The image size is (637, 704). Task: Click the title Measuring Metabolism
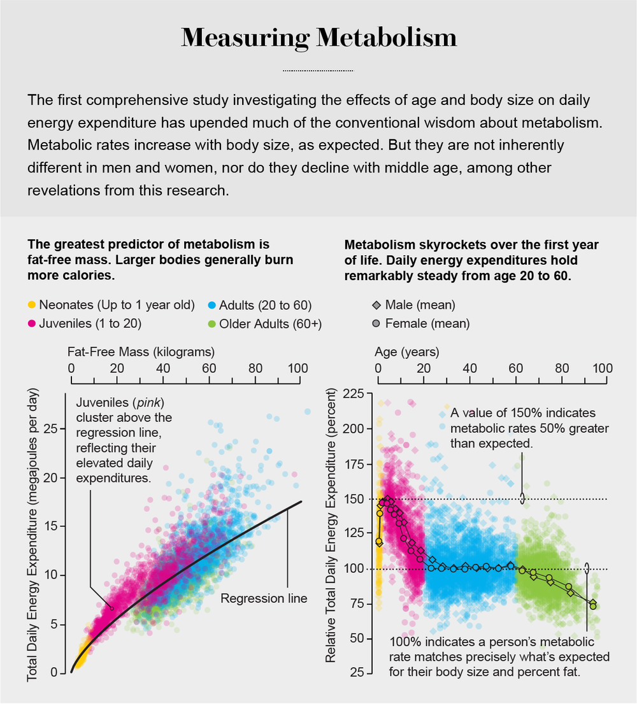coord(318,38)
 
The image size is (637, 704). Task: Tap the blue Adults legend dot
coord(212,305)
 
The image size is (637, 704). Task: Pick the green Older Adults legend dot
coord(212,323)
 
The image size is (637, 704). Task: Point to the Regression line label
coord(264,598)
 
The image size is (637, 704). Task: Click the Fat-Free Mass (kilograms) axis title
coord(141,351)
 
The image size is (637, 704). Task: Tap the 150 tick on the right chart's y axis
coord(354,498)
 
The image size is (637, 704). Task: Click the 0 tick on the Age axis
coord(378,368)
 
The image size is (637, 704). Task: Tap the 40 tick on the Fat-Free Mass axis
coord(163,368)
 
